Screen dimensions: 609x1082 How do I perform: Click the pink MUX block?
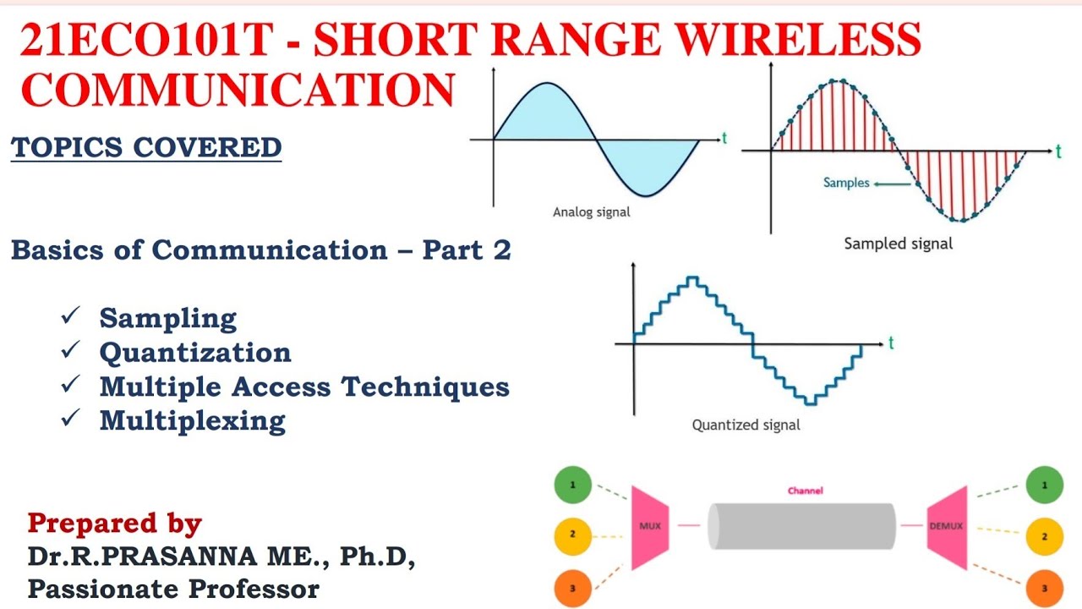click(650, 526)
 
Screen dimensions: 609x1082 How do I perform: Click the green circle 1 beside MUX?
click(572, 486)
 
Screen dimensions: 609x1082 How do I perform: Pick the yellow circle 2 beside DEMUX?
click(1044, 536)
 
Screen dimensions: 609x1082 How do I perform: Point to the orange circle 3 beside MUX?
click(572, 587)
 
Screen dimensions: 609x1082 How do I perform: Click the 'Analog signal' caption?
click(591, 212)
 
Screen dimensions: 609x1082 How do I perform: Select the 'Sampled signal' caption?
click(898, 244)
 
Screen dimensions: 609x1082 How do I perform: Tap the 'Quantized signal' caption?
click(746, 425)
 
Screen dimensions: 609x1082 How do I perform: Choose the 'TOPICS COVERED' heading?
click(146, 147)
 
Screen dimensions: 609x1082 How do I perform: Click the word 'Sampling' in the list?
click(168, 318)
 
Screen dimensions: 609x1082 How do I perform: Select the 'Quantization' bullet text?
click(195, 352)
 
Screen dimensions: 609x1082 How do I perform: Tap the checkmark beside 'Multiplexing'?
click(70, 418)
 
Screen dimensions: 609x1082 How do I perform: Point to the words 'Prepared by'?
click(115, 524)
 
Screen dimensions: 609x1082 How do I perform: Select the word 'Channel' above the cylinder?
click(805, 491)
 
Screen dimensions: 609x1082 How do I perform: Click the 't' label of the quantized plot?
click(891, 343)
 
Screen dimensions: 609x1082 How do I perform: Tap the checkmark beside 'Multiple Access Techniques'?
click(70, 384)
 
